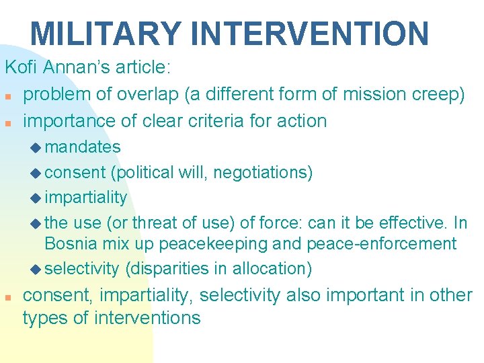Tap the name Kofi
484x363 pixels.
point(22,68)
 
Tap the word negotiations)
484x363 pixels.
point(264,173)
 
